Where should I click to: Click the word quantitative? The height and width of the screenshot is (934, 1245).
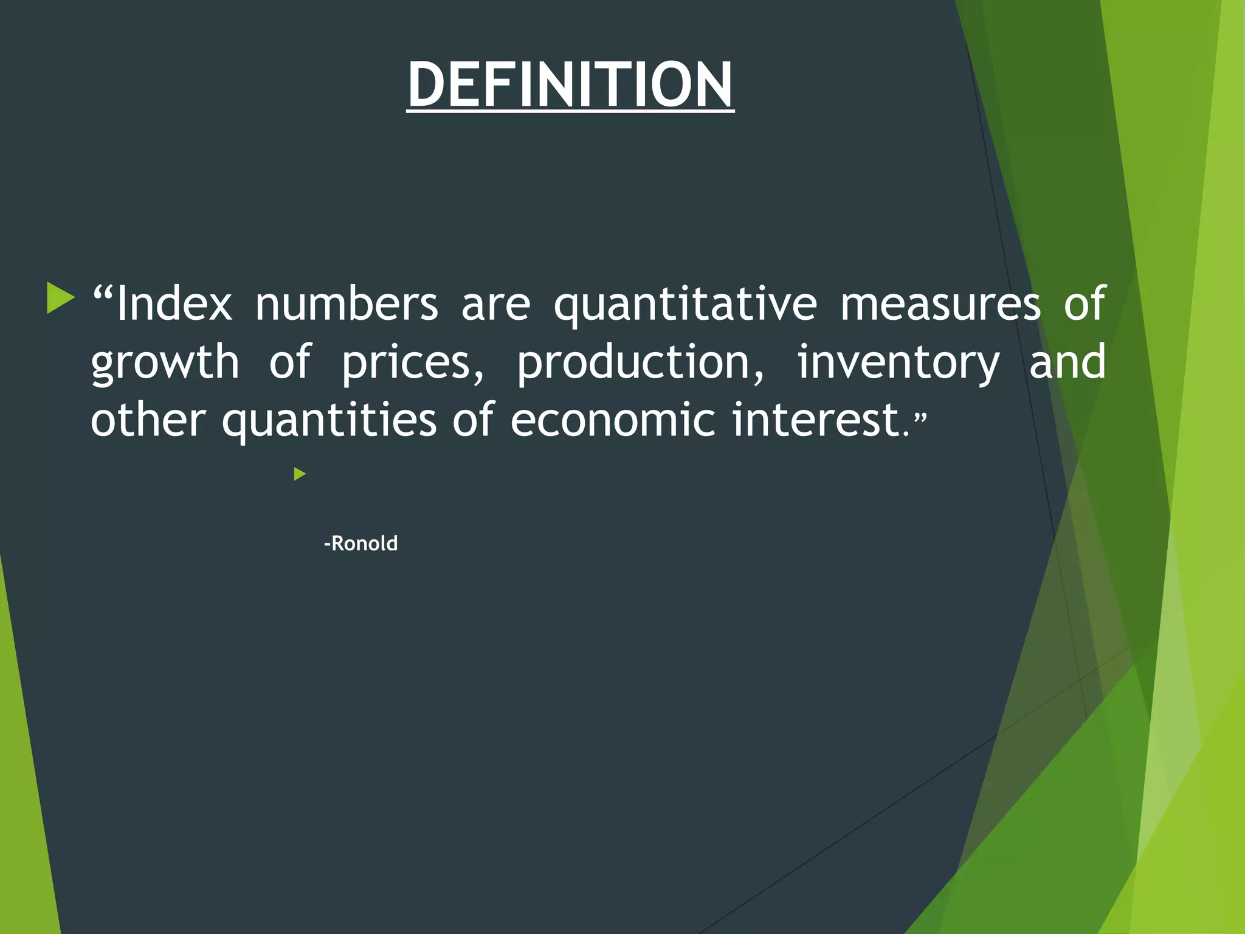(685, 304)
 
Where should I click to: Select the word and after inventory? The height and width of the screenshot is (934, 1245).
(1067, 361)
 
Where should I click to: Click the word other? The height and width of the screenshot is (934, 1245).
(148, 420)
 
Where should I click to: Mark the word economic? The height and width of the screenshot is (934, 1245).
(613, 420)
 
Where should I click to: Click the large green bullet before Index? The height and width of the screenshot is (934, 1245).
(60, 299)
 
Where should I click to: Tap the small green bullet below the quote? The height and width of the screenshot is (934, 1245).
(299, 474)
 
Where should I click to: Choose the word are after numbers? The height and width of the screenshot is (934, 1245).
(495, 304)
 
